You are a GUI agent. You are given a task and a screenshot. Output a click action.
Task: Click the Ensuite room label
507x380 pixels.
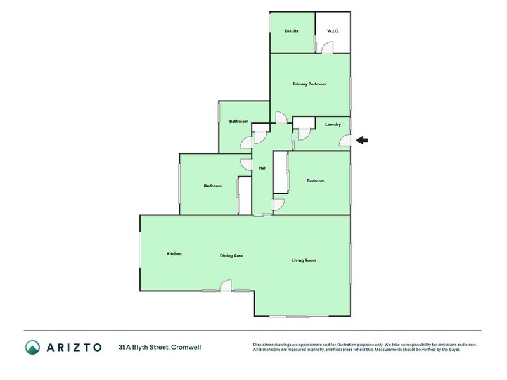coord(292,31)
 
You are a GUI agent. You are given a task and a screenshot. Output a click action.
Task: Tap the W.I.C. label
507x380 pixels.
coord(333,31)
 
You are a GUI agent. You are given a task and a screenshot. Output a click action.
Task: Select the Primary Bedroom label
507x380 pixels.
coord(309,84)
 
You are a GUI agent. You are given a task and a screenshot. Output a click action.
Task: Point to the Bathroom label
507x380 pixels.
coord(238,122)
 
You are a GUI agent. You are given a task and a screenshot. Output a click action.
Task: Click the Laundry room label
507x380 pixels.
coord(333,124)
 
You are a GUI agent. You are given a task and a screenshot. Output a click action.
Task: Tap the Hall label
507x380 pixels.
coord(262,168)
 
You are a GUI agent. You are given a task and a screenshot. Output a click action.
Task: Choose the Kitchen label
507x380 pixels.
coord(174,254)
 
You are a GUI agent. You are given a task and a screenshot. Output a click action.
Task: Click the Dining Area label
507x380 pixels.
coord(231,256)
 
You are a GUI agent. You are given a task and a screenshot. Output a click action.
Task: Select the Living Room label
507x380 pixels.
coord(304,260)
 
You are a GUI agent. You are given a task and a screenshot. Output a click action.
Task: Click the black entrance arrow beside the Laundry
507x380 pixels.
coord(362,141)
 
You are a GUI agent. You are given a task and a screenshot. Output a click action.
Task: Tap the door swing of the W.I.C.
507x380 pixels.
coord(326,48)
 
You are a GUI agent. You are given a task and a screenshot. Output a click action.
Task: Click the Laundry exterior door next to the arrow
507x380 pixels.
coord(345,141)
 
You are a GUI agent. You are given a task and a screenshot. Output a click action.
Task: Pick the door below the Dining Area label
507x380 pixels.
coord(226,286)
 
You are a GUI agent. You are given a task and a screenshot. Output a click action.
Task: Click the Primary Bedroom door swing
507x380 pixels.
coord(281,118)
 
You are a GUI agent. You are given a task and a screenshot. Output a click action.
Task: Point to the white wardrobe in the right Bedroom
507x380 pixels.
coord(280,172)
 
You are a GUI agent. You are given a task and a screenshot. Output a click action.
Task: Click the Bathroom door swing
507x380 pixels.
coord(246,142)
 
